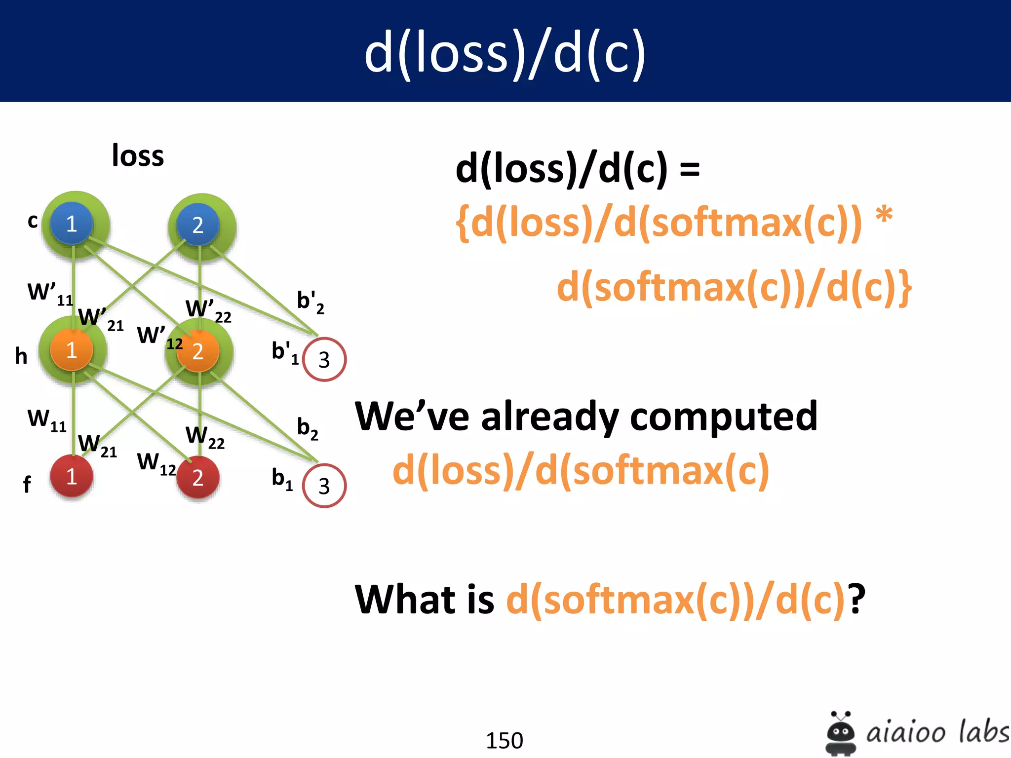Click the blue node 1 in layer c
(x=72, y=224)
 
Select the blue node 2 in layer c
(x=197, y=225)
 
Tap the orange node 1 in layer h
(x=72, y=350)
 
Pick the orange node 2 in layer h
(x=197, y=351)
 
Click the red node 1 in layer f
(x=72, y=476)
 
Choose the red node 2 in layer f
(x=197, y=477)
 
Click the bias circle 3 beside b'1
(x=324, y=359)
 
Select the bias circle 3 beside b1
(x=324, y=486)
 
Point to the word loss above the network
(x=138, y=156)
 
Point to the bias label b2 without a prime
(x=307, y=428)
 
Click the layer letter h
(x=21, y=356)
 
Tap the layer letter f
(x=27, y=484)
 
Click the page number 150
(x=504, y=740)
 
